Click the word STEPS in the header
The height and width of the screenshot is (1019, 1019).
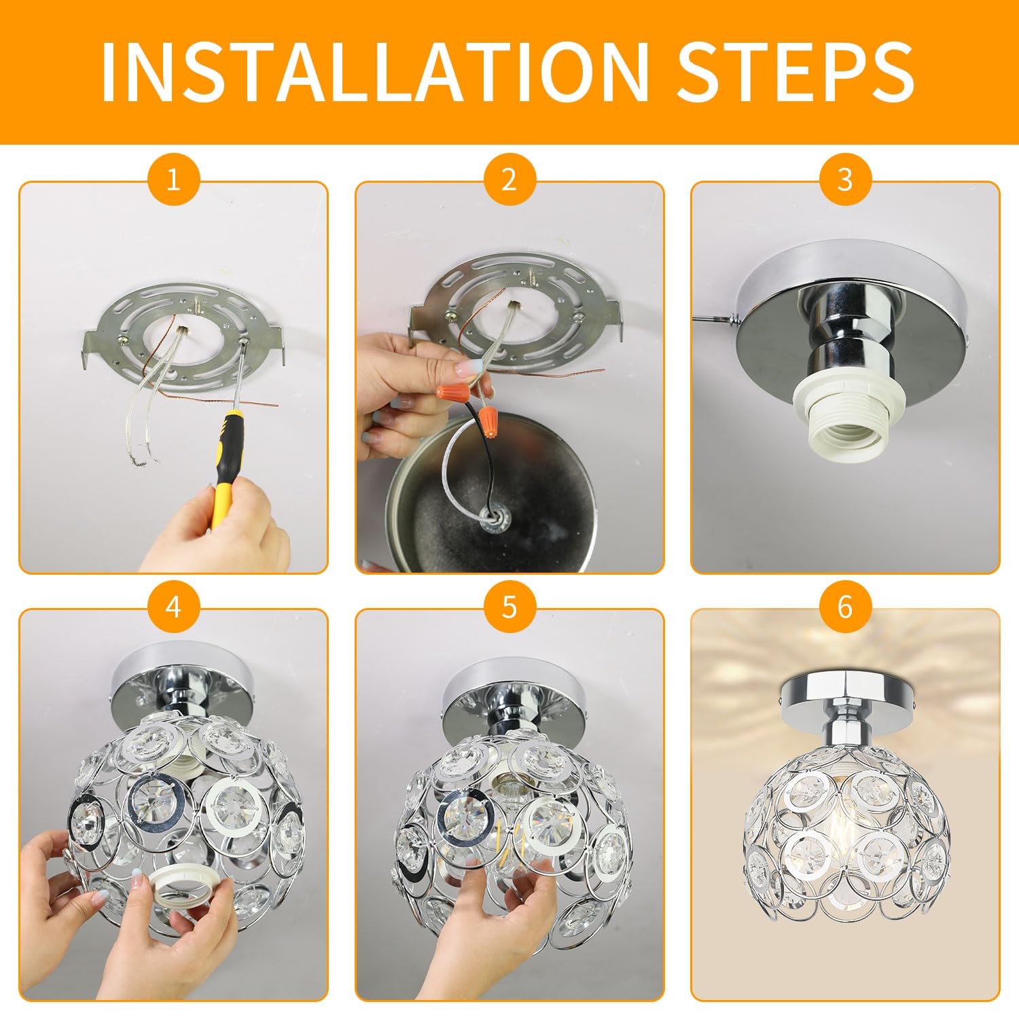pos(796,71)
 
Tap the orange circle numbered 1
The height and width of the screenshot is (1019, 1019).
pos(173,180)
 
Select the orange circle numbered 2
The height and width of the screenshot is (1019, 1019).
pos(509,180)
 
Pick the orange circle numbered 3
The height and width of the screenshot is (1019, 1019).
pos(844,180)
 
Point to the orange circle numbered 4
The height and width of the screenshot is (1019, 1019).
pos(173,607)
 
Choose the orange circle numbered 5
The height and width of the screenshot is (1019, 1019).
pos(509,607)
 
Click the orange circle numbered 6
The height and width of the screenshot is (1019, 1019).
pos(844,607)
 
